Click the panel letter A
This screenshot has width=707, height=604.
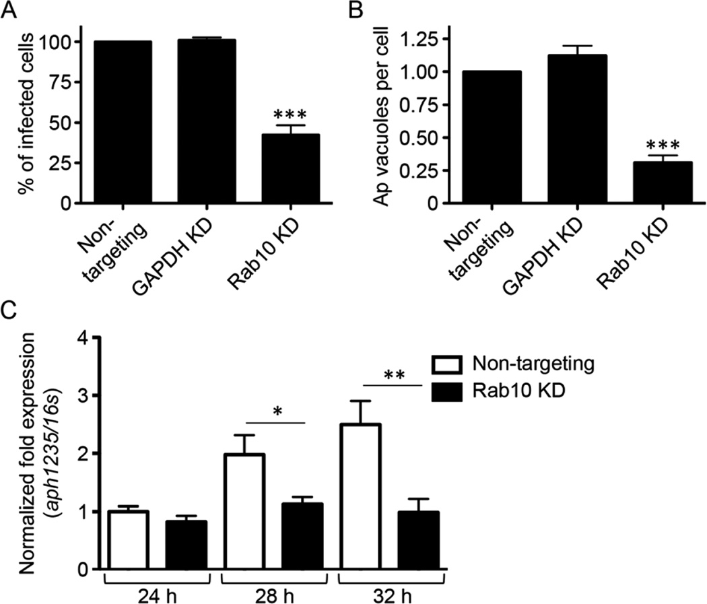coord(9,9)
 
